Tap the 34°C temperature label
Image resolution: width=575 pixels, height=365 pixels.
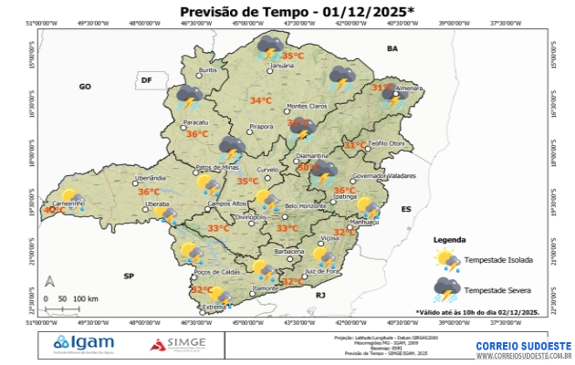point(261,100)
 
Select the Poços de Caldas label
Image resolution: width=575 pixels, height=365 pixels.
point(216,272)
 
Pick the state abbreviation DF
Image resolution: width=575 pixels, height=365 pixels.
point(145,81)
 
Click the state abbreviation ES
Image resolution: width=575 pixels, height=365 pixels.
point(406,209)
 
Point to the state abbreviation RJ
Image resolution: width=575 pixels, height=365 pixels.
point(320,296)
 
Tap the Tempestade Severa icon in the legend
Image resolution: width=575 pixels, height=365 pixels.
point(446,289)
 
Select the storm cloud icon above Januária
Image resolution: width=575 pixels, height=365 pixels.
point(270,45)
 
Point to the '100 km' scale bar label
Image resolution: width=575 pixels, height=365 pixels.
point(86,299)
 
